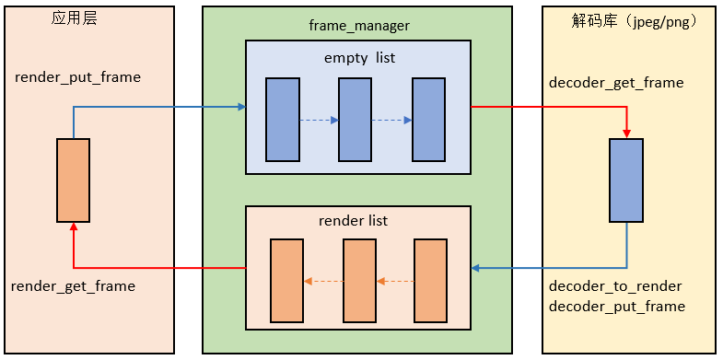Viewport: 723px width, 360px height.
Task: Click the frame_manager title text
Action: point(357,27)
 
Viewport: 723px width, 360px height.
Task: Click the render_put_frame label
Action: point(78,77)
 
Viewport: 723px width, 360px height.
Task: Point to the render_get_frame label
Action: point(74,286)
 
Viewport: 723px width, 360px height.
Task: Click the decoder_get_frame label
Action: point(616,83)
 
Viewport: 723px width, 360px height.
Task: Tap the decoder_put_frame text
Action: point(616,306)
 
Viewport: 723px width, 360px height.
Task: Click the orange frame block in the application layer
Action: point(73,180)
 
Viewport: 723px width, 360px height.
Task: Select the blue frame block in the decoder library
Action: point(626,180)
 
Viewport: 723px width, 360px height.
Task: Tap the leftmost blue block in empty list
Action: point(283,120)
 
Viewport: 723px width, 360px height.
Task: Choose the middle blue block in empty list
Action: point(355,120)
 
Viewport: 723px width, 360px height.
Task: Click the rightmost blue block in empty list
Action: point(428,120)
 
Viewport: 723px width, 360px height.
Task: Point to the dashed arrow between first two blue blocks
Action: point(319,121)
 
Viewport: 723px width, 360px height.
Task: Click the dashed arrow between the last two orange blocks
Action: point(394,281)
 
